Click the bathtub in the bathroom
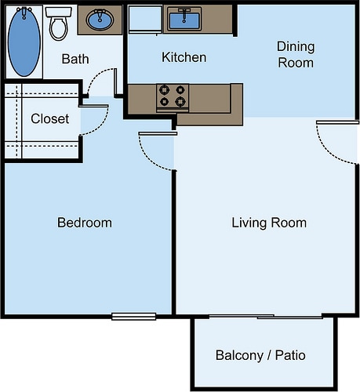pyautogui.click(x=24, y=42)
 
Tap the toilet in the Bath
pyautogui.click(x=59, y=24)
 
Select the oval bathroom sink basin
pyautogui.click(x=100, y=20)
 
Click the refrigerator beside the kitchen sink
pyautogui.click(x=145, y=19)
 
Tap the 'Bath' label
pyautogui.click(x=75, y=59)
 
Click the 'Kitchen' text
pyautogui.click(x=184, y=57)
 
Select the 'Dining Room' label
pyautogui.click(x=296, y=55)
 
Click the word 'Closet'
pyautogui.click(x=50, y=118)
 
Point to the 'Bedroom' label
pyautogui.click(x=85, y=223)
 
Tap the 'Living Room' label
pyautogui.click(x=269, y=223)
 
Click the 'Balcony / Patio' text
pyautogui.click(x=260, y=355)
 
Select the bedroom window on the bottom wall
pyautogui.click(x=134, y=316)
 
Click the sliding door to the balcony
pyautogui.click(x=266, y=317)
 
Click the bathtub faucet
pyautogui.click(x=24, y=13)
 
